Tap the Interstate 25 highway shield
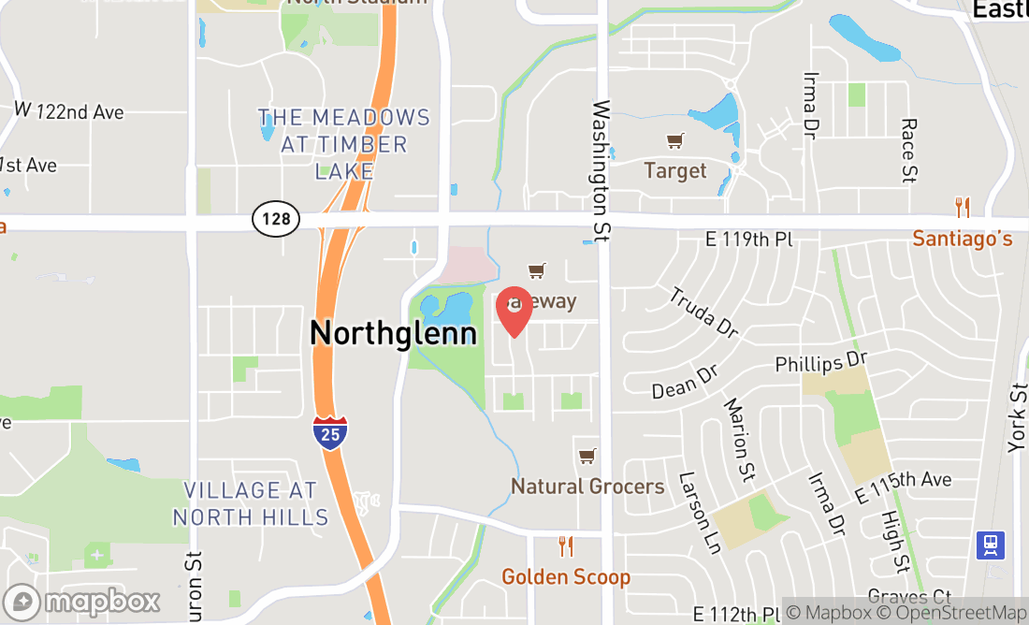click(330, 433)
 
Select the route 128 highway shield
click(276, 220)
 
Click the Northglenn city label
click(393, 333)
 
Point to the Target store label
click(675, 171)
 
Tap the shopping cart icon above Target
click(674, 141)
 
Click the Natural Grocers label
click(587, 487)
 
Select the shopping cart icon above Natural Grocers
click(587, 457)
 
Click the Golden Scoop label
click(566, 577)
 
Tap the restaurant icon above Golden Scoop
click(565, 545)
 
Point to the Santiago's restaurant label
click(963, 240)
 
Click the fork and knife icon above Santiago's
click(963, 207)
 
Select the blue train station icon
click(991, 545)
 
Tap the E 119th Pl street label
click(749, 240)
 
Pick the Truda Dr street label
click(703, 312)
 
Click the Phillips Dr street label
click(822, 361)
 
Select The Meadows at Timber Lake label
click(344, 144)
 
